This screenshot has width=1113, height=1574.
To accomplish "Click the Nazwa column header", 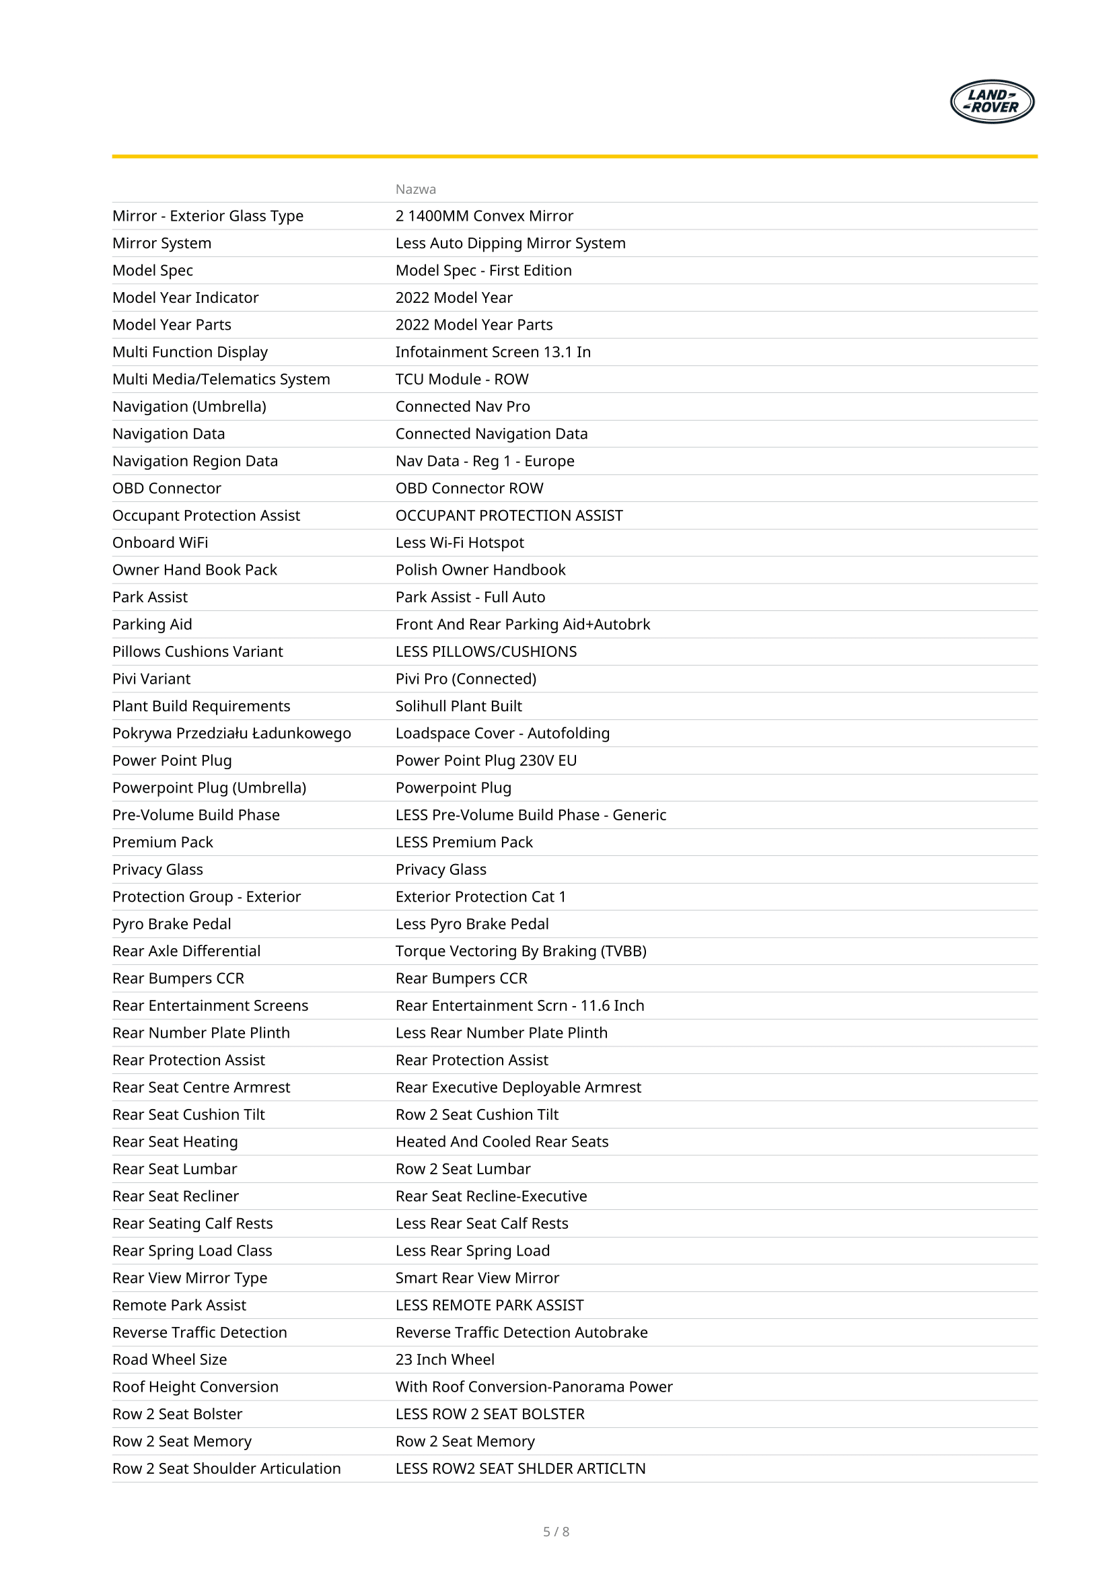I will point(415,189).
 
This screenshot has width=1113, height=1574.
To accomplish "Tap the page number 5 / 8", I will point(556,1532).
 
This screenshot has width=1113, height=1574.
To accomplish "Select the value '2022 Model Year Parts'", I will point(474,325).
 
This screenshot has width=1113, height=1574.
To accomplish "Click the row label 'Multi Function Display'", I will point(190,353).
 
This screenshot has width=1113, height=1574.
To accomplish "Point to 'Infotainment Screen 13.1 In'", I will point(493,353).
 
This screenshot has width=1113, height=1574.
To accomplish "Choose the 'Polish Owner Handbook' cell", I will point(480,570).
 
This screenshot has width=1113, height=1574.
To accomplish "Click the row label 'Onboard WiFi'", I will point(160,543).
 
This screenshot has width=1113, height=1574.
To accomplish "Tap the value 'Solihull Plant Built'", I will point(458,706).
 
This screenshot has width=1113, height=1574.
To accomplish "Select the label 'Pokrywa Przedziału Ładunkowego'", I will point(231,734).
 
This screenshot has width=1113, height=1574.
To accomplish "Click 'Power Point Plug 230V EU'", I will point(486,761).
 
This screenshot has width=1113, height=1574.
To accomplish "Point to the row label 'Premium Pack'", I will point(162,843).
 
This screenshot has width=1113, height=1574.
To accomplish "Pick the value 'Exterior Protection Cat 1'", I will point(480,896).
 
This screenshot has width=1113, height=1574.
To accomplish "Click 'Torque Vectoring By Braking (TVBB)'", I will point(521,952).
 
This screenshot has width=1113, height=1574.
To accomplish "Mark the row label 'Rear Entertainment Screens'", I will point(211,1005).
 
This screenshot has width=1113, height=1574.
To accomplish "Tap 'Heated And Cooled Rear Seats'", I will point(502,1142).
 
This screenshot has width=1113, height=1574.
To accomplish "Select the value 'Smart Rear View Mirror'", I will point(477,1278).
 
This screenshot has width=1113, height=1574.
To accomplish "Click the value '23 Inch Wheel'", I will point(445,1359).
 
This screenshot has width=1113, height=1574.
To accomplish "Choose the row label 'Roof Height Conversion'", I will point(195,1387).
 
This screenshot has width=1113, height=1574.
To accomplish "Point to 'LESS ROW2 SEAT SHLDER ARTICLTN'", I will point(520,1468).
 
